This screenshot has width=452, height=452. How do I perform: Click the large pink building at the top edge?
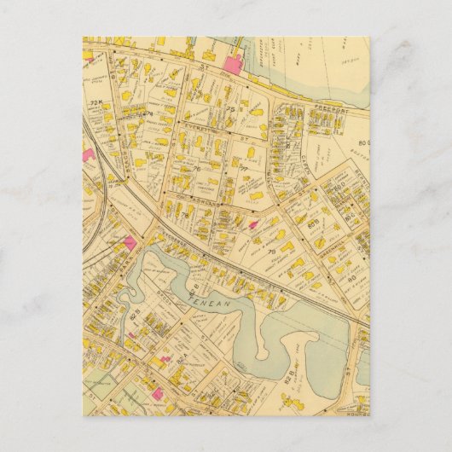(x=232, y=61)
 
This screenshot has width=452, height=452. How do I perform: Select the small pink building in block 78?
(x=254, y=224)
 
